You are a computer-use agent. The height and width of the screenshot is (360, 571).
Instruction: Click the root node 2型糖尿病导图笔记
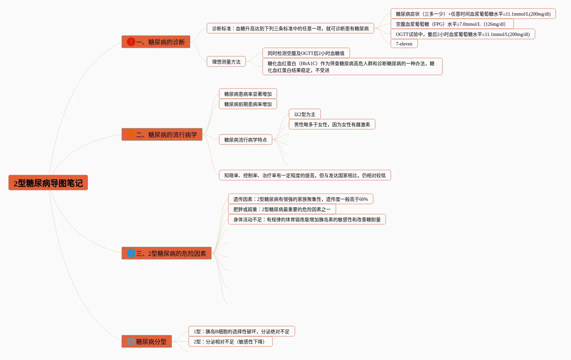tap(48, 183)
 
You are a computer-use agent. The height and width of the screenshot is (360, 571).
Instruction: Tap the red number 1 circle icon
tap(131, 42)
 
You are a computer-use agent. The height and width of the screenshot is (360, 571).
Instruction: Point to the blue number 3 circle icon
tap(131, 253)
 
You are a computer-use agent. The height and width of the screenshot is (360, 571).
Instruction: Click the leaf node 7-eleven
tap(404, 44)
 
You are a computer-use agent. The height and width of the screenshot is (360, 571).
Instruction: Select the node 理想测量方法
tap(226, 62)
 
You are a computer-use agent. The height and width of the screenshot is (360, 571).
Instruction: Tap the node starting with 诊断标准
tap(290, 29)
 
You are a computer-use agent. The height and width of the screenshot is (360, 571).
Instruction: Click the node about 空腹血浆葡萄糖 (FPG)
tap(452, 24)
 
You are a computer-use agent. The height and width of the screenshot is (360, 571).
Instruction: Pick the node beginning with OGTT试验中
tap(462, 34)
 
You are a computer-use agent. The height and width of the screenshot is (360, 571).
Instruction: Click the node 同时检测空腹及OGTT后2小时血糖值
tap(306, 53)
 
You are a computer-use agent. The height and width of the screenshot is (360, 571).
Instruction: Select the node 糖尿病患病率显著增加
tap(248, 94)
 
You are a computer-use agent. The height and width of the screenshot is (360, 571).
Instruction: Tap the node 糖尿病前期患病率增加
tap(248, 104)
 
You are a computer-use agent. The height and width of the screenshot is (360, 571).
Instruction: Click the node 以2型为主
tap(304, 114)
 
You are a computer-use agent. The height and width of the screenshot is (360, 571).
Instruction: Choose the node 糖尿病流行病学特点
tap(245, 140)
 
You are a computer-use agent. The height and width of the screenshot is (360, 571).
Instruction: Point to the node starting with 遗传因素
tap(300, 199)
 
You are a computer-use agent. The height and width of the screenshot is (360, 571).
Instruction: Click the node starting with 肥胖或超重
tap(282, 209)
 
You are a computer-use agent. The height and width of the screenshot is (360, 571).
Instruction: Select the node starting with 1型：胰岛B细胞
tap(241, 331)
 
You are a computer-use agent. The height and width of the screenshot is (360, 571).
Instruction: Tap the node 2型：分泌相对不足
tap(230, 342)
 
